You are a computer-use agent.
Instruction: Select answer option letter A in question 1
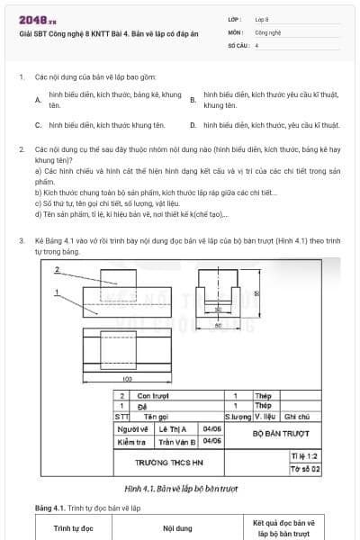pyautogui.click(x=37, y=100)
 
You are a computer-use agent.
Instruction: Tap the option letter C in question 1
pyautogui.click(x=37, y=126)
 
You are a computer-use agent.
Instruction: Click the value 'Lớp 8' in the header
pyautogui.click(x=262, y=19)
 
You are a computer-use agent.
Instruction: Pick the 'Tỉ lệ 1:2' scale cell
pyautogui.click(x=305, y=457)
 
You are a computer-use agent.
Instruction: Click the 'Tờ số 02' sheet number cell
pyautogui.click(x=305, y=469)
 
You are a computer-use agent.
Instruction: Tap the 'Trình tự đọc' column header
pyautogui.click(x=73, y=528)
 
